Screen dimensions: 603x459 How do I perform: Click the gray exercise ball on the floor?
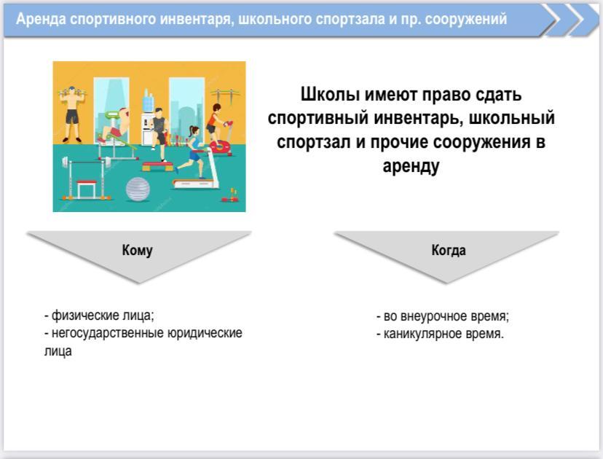pos(138,189)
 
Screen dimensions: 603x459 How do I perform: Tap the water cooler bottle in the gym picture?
pos(148,101)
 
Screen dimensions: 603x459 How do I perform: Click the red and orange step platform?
pos(158,167)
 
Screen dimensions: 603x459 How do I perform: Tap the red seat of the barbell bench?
pos(87,183)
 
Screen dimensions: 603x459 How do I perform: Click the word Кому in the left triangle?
pos(138,251)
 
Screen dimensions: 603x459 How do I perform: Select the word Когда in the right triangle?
pos(449,251)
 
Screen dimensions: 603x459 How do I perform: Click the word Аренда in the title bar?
pos(42,19)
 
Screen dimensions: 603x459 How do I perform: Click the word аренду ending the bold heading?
pos(411,167)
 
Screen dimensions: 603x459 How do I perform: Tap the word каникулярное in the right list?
pos(423,334)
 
